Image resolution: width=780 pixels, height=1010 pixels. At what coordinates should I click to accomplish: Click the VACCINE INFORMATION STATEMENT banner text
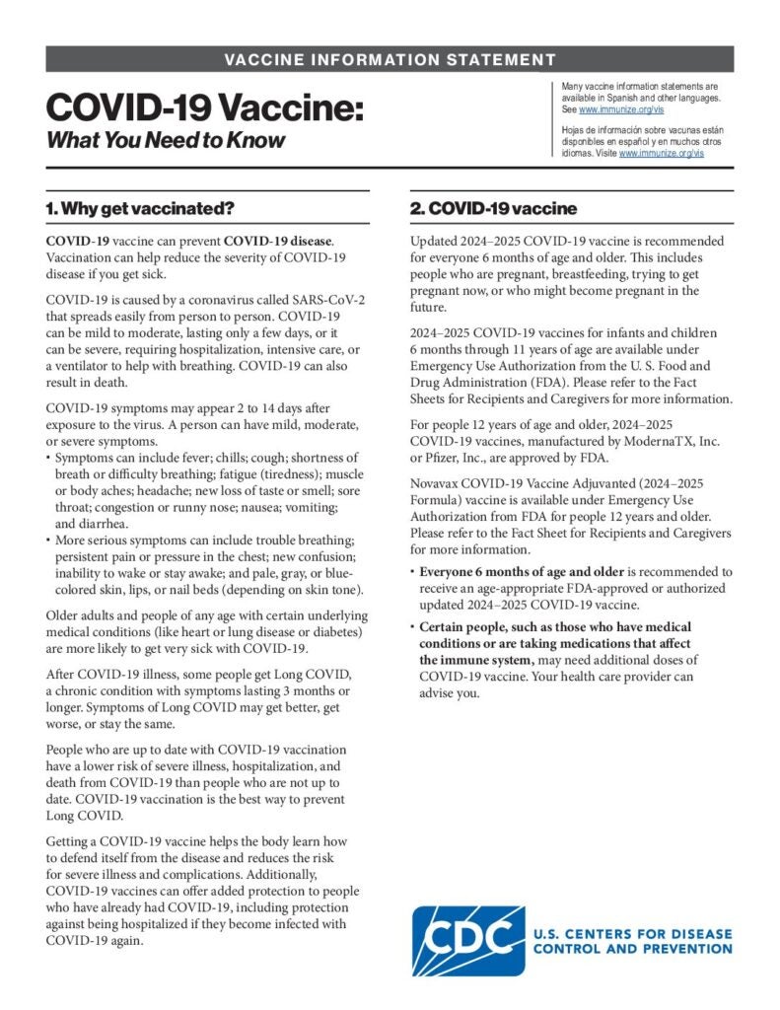[x=390, y=59]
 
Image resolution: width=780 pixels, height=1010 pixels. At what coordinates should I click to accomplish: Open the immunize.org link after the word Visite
[x=662, y=154]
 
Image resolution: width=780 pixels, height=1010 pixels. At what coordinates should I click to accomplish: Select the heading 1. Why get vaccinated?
[x=141, y=209]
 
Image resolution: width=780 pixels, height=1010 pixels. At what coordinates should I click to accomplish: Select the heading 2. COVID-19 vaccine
[x=493, y=209]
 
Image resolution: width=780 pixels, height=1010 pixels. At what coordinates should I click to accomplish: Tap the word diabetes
[x=336, y=630]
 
